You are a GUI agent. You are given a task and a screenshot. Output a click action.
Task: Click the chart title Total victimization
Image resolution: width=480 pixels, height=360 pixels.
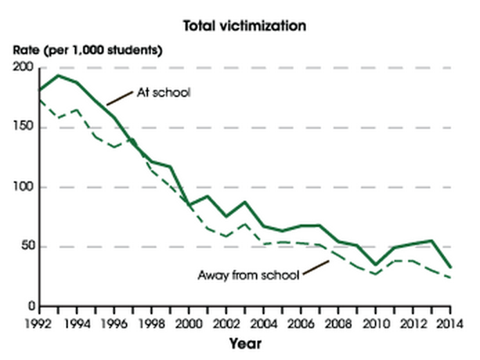[243, 26]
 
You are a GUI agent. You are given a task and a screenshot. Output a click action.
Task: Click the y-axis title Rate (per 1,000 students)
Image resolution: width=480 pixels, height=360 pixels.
[87, 50]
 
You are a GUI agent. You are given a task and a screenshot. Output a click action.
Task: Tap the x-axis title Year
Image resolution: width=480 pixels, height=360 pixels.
[245, 343]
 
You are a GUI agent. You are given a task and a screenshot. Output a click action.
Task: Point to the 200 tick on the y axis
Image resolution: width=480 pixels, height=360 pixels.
[24, 68]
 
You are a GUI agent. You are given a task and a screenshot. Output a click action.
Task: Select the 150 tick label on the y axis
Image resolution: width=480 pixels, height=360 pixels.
[24, 127]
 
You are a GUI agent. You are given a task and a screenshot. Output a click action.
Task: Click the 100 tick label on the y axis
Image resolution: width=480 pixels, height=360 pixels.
[24, 187]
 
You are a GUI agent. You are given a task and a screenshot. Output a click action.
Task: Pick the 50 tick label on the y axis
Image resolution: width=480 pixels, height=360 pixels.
[27, 247]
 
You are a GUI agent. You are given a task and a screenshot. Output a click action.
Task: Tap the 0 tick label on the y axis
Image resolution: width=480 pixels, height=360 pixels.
[30, 307]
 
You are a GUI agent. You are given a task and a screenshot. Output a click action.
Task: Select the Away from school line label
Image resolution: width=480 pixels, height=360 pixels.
[248, 275]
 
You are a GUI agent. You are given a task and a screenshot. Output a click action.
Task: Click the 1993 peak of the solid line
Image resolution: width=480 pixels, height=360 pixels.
[58, 75]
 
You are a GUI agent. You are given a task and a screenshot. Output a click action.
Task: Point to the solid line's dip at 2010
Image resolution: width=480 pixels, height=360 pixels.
[376, 264]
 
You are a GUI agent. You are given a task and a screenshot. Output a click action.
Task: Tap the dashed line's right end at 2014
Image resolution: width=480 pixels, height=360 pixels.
[450, 278]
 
